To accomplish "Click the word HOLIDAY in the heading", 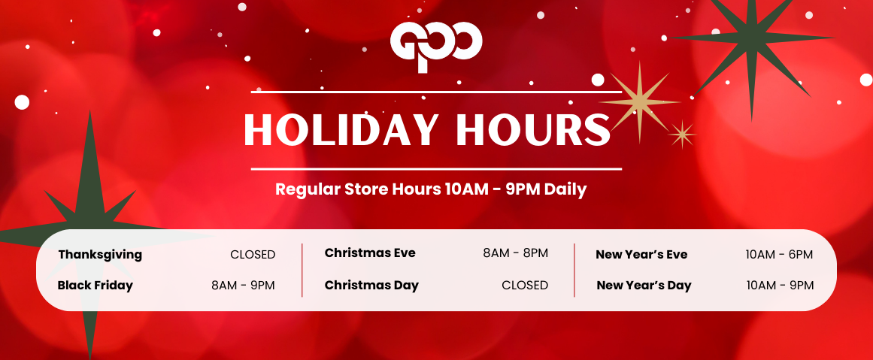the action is [341, 130].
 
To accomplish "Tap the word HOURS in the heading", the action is [533, 130].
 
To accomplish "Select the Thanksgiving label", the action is [100, 256].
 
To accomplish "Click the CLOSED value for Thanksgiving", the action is [253, 255].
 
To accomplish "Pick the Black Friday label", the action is [95, 286].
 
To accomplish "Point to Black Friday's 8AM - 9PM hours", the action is [244, 286].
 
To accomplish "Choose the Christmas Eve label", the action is [370, 253].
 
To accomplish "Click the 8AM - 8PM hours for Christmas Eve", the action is [516, 253].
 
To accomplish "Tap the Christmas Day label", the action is [371, 286].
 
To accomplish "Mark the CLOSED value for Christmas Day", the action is [525, 286].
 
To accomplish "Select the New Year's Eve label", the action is [641, 255].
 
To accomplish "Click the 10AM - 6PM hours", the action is [780, 255].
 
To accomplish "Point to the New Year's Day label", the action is [644, 286].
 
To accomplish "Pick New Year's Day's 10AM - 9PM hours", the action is [780, 286].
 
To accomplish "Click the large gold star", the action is [639, 102].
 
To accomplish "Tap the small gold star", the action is [682, 134].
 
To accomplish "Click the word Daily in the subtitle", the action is [565, 189].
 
